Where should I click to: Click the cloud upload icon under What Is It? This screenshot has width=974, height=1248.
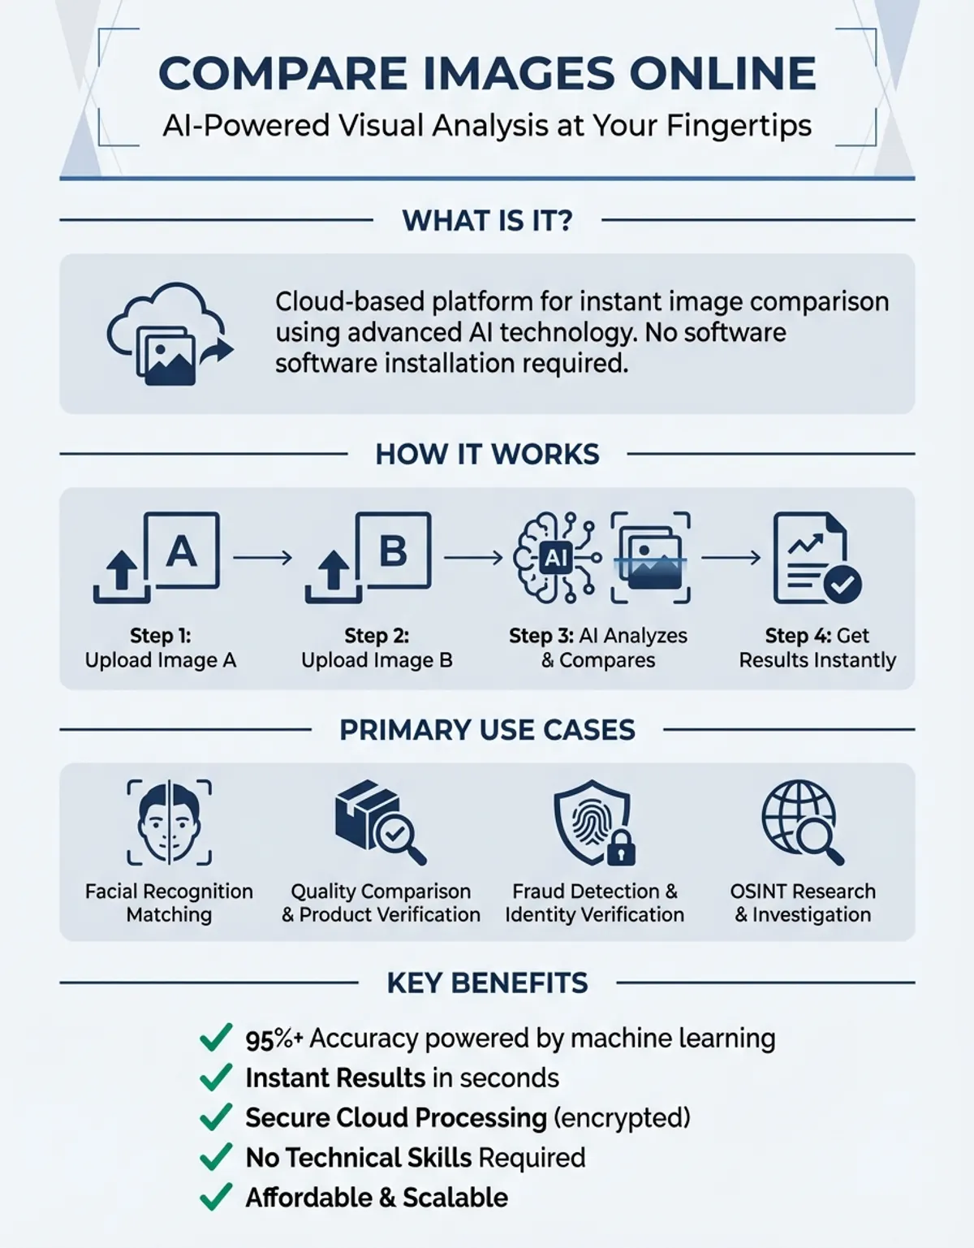[x=170, y=334]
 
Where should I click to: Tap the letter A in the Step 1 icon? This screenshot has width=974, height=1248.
[x=181, y=551]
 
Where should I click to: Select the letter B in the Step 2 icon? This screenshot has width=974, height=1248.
[x=393, y=551]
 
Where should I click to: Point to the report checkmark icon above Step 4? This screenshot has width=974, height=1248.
[x=817, y=558]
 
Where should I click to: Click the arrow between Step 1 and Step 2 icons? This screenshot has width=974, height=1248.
[x=263, y=557]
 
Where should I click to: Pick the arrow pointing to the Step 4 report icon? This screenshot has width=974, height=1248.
[x=731, y=557]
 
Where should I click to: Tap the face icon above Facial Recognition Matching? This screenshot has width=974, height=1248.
[x=170, y=822]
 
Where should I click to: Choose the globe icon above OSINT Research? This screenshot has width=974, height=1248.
[x=799, y=815]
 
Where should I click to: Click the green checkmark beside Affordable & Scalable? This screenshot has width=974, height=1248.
[x=215, y=1198]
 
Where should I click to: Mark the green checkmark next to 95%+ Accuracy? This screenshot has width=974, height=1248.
[x=215, y=1038]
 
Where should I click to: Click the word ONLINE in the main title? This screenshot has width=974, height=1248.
[x=722, y=74]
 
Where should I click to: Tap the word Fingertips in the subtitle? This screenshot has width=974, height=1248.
[x=739, y=127]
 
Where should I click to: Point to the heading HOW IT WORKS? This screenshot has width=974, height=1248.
[x=487, y=454]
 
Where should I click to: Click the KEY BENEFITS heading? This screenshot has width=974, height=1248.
[x=487, y=982]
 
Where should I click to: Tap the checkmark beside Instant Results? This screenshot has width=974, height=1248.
[x=215, y=1077]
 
